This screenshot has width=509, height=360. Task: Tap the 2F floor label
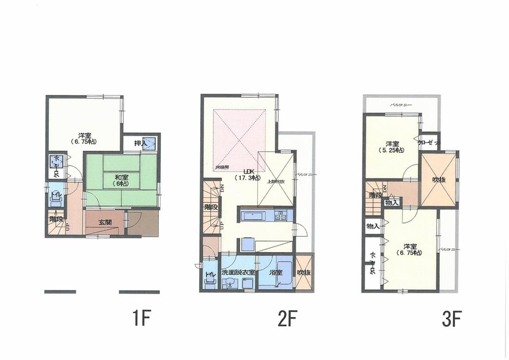pos(287,319)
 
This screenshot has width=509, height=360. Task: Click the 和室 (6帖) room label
pos(121,180)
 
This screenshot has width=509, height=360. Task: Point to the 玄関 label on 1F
pos(105,222)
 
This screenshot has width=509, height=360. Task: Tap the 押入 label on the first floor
pos(140,144)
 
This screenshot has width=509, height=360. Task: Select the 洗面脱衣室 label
pos(238,273)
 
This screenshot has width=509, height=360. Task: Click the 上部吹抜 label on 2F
pos(275,182)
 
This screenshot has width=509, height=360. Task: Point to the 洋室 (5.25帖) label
pos(391,147)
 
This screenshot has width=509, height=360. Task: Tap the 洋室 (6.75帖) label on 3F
pos(410,250)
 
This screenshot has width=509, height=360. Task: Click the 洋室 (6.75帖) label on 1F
pos(84,138)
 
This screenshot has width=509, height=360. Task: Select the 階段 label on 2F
pos(210,207)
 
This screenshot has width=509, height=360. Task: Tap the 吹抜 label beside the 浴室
pos(304,273)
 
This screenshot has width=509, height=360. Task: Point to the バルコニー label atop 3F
pos(401,104)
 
